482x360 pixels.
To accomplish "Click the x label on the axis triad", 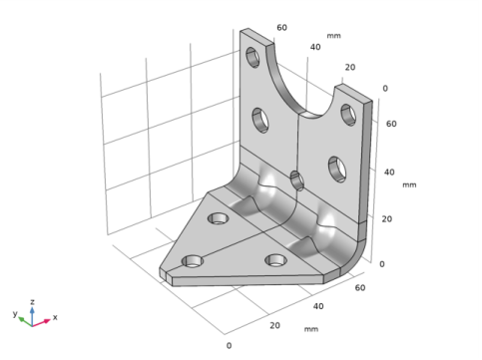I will click(55, 318).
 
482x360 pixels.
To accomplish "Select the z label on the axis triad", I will click(33, 300).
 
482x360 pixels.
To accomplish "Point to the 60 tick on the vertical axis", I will click(391, 126).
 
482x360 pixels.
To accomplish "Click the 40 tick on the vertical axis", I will click(391, 173).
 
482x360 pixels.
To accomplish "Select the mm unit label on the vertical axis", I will click(409, 184).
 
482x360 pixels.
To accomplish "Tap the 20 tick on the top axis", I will click(350, 68).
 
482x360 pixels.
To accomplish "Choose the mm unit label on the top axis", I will click(334, 37).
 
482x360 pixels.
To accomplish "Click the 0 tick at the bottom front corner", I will click(229, 345).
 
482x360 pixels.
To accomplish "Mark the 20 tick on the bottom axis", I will click(275, 325).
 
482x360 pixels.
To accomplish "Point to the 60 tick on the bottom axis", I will click(358, 287).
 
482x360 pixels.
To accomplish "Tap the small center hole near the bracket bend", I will click(295, 180).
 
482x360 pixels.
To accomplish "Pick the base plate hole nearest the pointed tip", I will click(192, 262).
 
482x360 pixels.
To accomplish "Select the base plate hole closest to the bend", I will click(217, 217).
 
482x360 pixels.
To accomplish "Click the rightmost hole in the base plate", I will click(276, 261).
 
